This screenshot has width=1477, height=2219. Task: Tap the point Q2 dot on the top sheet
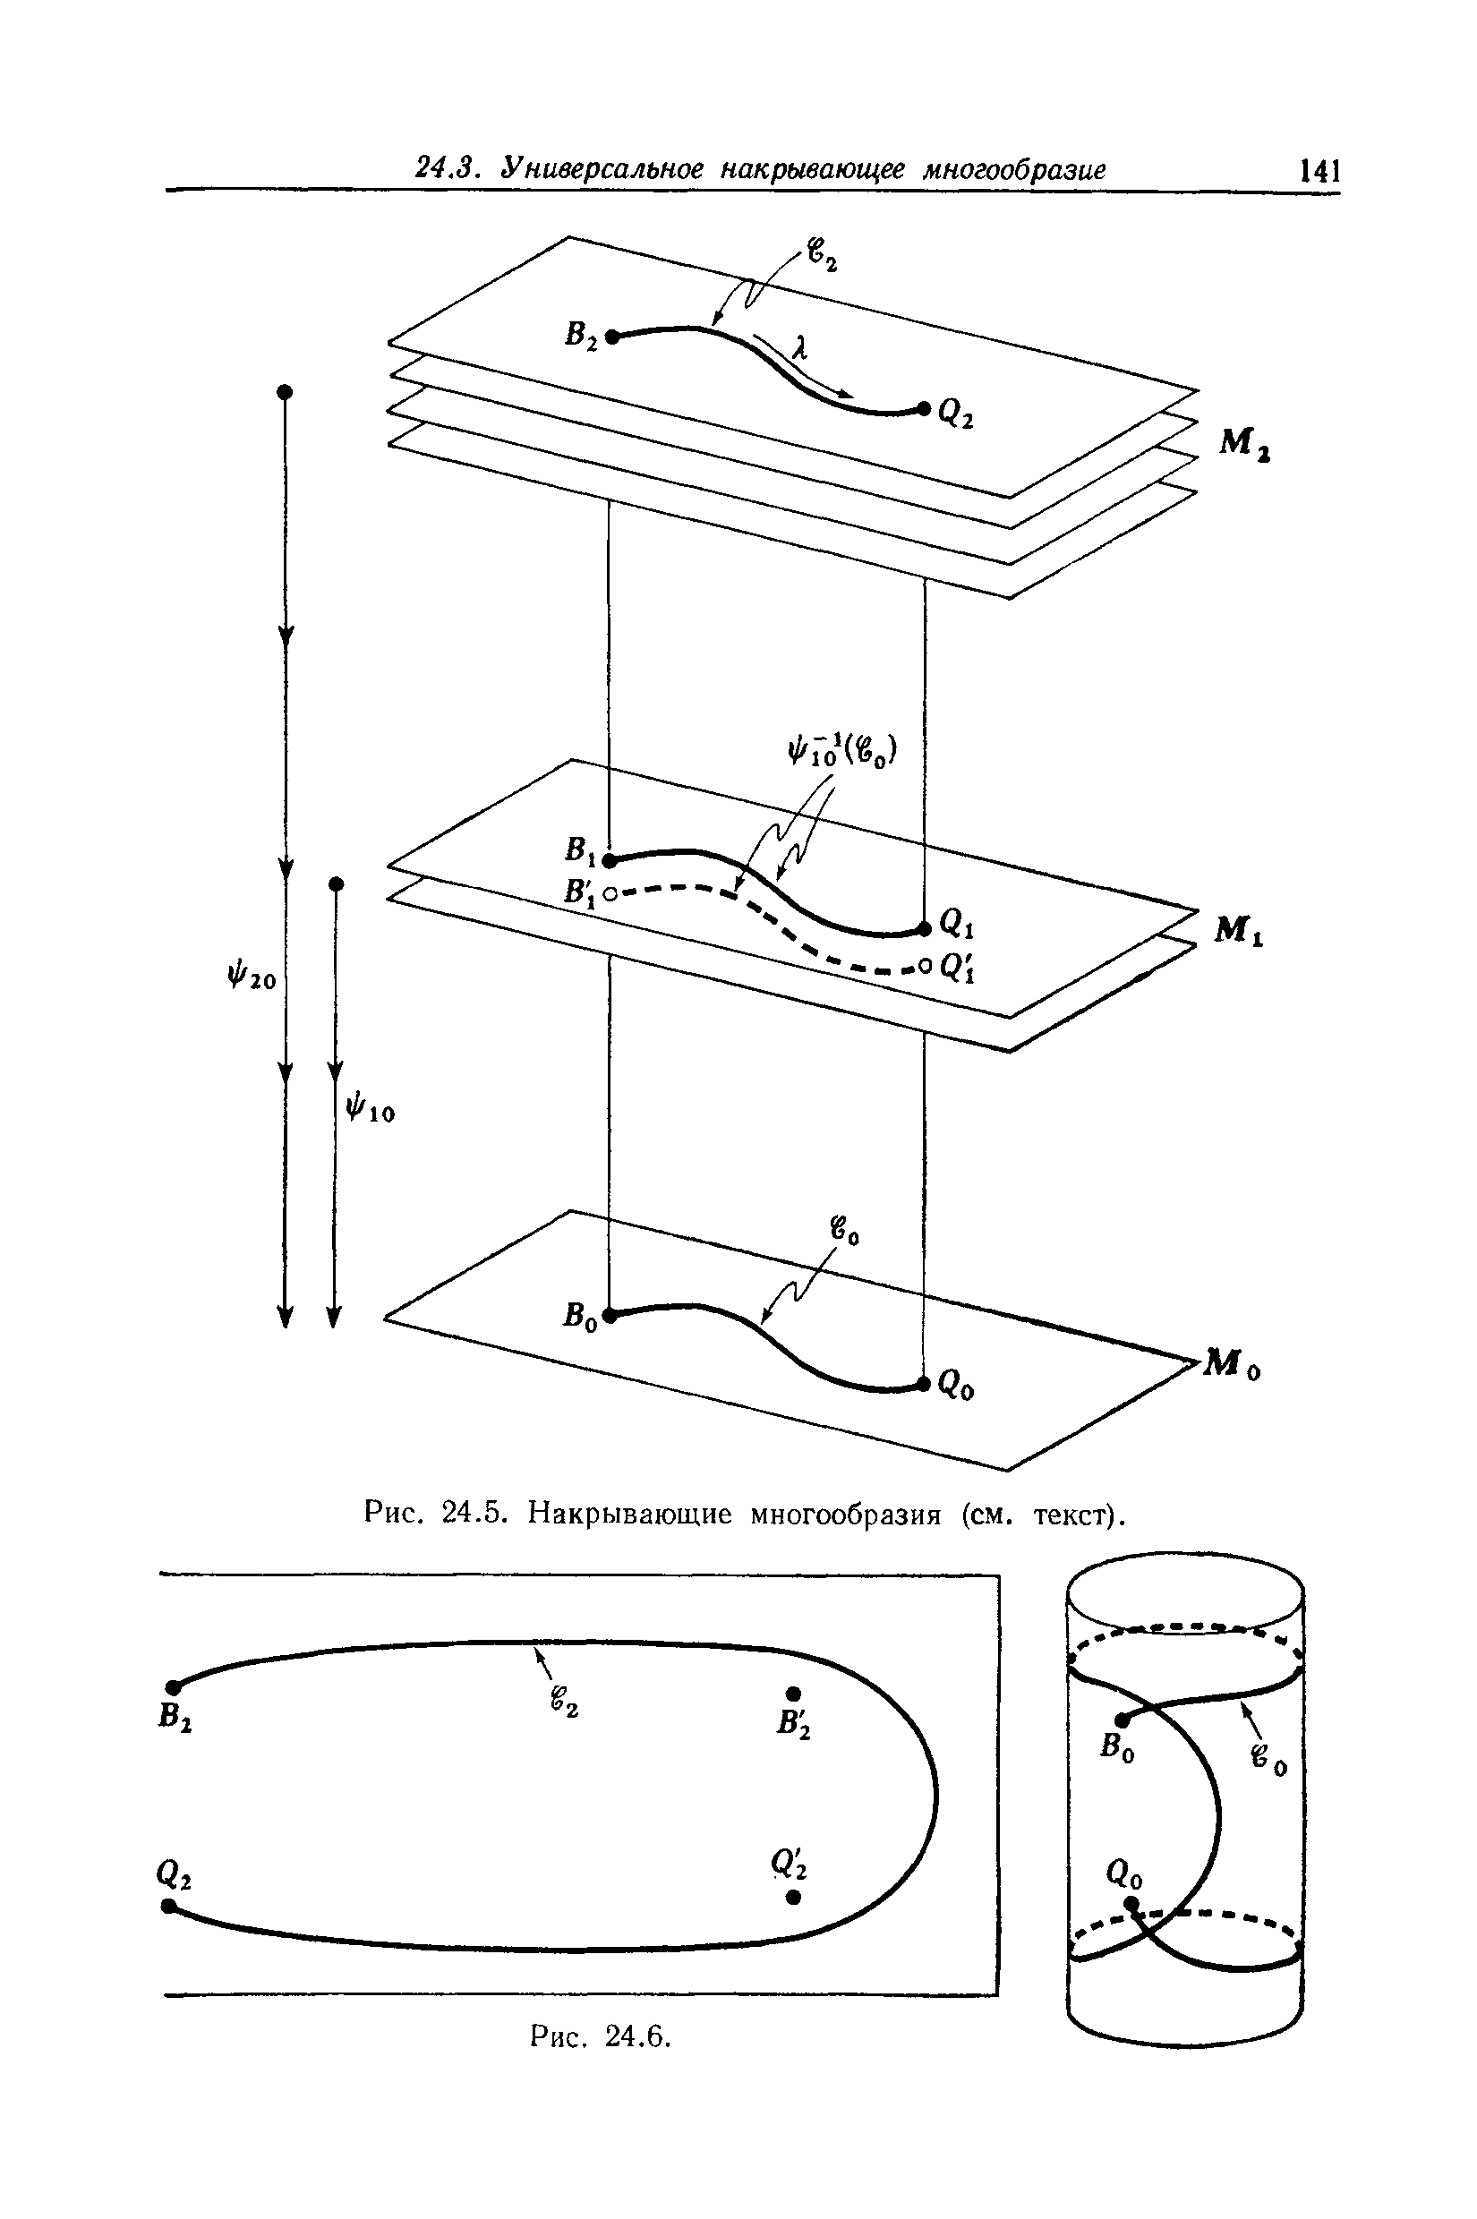point(925,407)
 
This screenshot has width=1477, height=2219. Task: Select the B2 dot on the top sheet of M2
point(611,337)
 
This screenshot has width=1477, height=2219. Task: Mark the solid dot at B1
point(610,860)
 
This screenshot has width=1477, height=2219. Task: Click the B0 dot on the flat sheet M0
point(610,1316)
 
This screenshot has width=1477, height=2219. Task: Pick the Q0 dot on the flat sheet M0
point(924,1383)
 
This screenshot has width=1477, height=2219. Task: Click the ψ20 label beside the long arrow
point(251,978)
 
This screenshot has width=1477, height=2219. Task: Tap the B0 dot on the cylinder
point(1122,1720)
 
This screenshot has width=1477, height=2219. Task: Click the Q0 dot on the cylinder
point(1132,1905)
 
